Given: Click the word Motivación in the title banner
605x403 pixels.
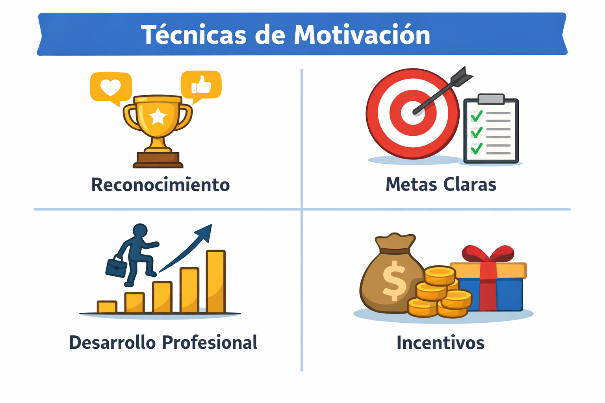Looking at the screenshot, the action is [x=362, y=35].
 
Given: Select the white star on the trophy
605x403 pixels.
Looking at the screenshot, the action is [x=158, y=116].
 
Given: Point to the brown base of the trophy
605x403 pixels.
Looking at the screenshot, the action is [x=158, y=160].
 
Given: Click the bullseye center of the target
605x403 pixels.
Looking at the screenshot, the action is [x=413, y=113].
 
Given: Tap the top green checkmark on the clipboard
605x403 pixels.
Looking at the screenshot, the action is [x=477, y=116].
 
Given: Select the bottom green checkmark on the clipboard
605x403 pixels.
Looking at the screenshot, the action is [x=477, y=148].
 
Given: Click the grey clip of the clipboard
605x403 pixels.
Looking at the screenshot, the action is [x=491, y=99].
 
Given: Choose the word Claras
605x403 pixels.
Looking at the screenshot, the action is [x=470, y=184].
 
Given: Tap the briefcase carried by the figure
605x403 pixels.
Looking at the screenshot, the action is [x=117, y=267].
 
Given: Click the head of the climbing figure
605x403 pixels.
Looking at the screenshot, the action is [x=140, y=231].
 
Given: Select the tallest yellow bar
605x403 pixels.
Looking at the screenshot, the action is [x=216, y=281].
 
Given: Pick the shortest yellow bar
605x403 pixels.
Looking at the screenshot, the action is [x=107, y=307].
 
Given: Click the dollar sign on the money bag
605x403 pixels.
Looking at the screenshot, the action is [x=394, y=281].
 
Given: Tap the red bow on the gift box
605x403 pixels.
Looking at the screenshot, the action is [x=488, y=253].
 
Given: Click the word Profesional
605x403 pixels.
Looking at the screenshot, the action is [x=210, y=342].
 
